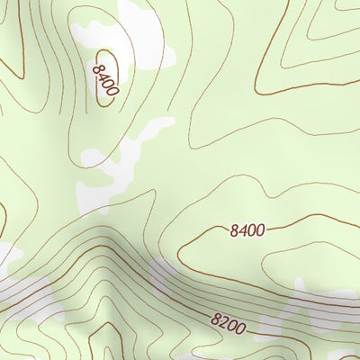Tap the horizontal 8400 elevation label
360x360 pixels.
tap(247, 230)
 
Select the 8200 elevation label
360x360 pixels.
tap(229, 321)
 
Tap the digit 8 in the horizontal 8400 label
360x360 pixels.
tap(234, 230)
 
